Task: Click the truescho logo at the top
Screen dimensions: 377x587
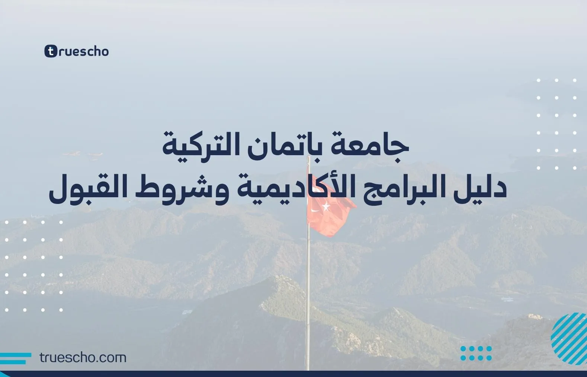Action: [x=77, y=51]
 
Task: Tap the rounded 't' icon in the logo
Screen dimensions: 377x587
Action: [x=51, y=51]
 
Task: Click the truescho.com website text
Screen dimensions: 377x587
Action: [x=83, y=358]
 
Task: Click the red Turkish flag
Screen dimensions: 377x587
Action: [x=327, y=216]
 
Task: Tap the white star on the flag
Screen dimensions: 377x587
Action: [x=326, y=205]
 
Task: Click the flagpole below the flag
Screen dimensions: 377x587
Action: [x=308, y=298]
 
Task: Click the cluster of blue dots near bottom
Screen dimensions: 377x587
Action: [x=476, y=353]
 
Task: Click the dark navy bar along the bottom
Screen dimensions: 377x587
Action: [x=293, y=374]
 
